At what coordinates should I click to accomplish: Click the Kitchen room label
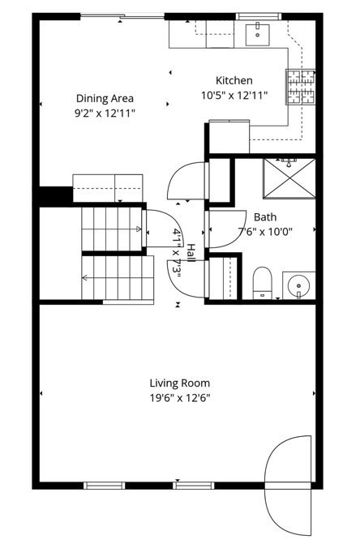[234, 80]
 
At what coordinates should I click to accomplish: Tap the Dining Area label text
[105, 98]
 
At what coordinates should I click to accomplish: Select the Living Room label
[180, 383]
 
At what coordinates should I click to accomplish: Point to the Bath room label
[265, 217]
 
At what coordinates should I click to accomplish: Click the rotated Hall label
[191, 253]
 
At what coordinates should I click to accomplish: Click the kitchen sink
[258, 35]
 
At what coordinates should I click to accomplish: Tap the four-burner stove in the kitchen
[301, 87]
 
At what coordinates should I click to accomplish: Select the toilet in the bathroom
[263, 283]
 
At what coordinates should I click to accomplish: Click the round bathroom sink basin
[298, 286]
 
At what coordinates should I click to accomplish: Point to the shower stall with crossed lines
[289, 178]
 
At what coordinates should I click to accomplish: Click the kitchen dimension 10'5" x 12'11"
[234, 96]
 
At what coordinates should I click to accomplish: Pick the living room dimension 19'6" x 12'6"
[180, 398]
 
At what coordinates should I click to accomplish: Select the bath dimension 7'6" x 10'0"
[264, 231]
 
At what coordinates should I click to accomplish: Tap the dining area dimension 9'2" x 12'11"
[105, 113]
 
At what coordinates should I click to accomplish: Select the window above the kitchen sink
[259, 16]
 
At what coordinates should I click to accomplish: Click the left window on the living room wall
[105, 486]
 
